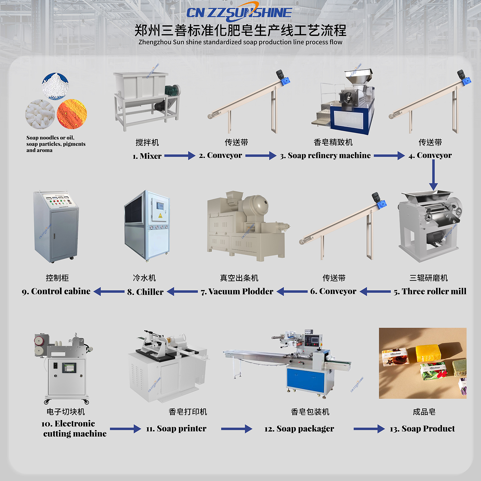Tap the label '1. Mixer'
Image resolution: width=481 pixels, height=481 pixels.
tap(147, 156)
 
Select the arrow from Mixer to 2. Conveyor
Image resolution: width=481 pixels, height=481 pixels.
tap(180, 156)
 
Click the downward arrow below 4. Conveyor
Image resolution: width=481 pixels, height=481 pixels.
tap(433, 175)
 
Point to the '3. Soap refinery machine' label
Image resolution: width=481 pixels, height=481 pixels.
tap(325, 156)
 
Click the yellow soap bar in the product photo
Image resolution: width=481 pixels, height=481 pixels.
tap(428, 353)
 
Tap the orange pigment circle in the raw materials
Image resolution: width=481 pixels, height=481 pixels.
tap(72, 114)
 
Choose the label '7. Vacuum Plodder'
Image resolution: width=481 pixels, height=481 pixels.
tap(237, 291)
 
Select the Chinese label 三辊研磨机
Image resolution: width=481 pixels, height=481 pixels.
tap(428, 278)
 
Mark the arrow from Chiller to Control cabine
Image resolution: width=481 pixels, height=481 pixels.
tap(109, 291)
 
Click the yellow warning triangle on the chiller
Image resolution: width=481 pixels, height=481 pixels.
tap(160, 215)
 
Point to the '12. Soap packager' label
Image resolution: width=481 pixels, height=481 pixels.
tap(299, 429)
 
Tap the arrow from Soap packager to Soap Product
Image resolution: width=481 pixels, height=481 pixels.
tap(369, 429)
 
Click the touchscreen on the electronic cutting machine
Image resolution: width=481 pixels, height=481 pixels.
tap(69, 368)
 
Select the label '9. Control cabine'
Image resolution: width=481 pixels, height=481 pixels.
tap(56, 291)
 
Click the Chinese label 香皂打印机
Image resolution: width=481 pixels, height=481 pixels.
tap(188, 412)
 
